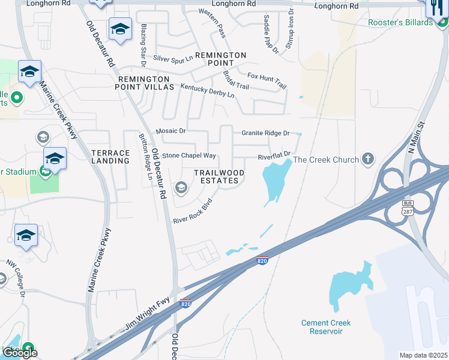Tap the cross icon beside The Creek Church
click(x=368, y=160)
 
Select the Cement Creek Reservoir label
click(x=326, y=327)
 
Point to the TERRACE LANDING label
click(x=110, y=157)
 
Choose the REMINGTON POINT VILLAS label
click(x=146, y=83)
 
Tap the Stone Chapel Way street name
click(x=189, y=155)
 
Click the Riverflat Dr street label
click(x=274, y=156)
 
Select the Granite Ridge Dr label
click(x=265, y=133)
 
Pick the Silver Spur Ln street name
click(x=173, y=58)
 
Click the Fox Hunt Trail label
click(x=267, y=81)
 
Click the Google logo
click(x=20, y=353)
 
